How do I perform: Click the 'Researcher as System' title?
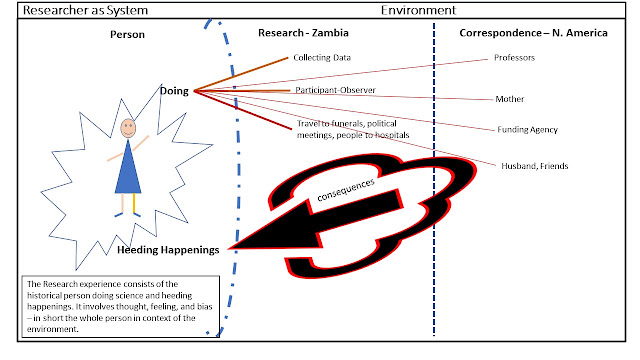pyautogui.click(x=85, y=10)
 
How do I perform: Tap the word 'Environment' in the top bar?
pyautogui.click(x=418, y=10)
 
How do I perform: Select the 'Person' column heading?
pyautogui.click(x=127, y=34)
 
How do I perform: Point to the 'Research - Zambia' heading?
pyautogui.click(x=303, y=33)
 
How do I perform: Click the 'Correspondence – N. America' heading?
pyautogui.click(x=533, y=33)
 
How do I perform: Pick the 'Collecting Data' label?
pyautogui.click(x=322, y=58)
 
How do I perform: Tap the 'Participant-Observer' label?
pyautogui.click(x=336, y=90)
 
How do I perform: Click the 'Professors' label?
pyautogui.click(x=514, y=58)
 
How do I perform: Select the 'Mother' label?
pyautogui.click(x=510, y=99)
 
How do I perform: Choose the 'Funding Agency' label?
pyautogui.click(x=527, y=130)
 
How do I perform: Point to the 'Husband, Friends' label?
pyautogui.click(x=535, y=166)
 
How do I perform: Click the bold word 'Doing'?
pyautogui.click(x=174, y=91)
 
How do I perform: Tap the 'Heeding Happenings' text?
pyautogui.click(x=168, y=250)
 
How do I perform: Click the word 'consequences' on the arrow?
pyautogui.click(x=346, y=190)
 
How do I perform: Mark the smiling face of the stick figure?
pyautogui.click(x=128, y=128)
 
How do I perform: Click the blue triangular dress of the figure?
pyautogui.click(x=128, y=167)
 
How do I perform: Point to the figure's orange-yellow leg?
pyautogui.click(x=134, y=204)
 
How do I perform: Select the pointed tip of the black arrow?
pyautogui.click(x=229, y=248)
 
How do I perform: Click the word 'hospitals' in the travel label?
pyautogui.click(x=391, y=135)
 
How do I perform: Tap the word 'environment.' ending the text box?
pyautogui.click(x=53, y=329)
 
